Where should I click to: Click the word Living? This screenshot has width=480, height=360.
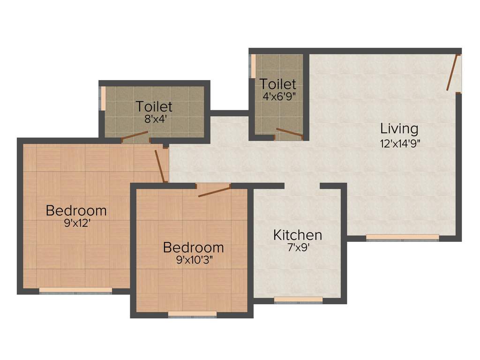click(x=399, y=128)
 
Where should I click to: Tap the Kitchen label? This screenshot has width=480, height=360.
click(x=298, y=235)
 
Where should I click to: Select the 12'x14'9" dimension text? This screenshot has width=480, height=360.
click(x=399, y=143)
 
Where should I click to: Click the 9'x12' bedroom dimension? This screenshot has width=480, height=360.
click(x=77, y=224)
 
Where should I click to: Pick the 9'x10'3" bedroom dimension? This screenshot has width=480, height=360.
click(x=194, y=260)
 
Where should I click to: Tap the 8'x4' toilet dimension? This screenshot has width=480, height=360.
click(x=155, y=119)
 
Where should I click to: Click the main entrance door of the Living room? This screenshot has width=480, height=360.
click(x=452, y=73)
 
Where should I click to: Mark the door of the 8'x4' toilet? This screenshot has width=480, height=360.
click(x=135, y=136)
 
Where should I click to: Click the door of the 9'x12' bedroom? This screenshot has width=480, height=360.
click(x=160, y=165)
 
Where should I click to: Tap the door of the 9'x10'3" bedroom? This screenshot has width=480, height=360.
click(x=214, y=191)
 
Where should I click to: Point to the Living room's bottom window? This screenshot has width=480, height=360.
click(x=402, y=238)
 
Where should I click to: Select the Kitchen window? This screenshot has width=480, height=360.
click(x=298, y=300)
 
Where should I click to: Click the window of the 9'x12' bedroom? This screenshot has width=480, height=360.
click(x=75, y=291)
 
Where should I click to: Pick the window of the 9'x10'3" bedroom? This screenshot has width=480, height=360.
click(x=192, y=314)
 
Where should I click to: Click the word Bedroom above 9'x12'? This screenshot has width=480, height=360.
click(x=76, y=210)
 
